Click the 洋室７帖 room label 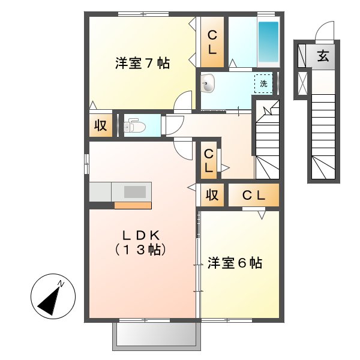coord(142,63)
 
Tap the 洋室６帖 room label coord(235,263)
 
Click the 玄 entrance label coord(323,57)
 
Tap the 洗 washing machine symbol coord(263,83)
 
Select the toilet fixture coord(133,125)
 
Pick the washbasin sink coord(208,84)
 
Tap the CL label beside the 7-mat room coord(212,43)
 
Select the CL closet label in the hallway coord(208,161)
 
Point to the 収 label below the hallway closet coord(211,195)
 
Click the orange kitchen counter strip coord(132,205)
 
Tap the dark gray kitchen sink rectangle coord(135,192)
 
